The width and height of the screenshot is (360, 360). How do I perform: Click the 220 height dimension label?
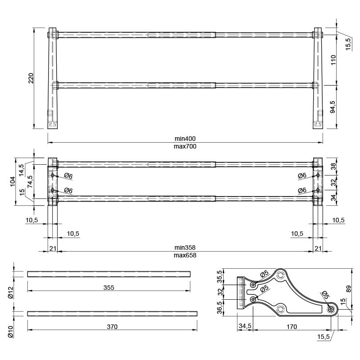[31, 78]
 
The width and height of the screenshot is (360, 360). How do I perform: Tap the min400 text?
[185, 139]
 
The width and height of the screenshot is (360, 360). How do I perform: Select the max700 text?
[185, 146]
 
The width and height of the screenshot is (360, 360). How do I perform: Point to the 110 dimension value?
[333, 60]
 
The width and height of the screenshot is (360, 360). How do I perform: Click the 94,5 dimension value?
[333, 107]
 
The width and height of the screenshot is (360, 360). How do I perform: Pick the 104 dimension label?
[13, 181]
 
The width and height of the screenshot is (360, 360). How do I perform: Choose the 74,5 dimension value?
[30, 182]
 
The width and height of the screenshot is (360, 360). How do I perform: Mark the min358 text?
[185, 247]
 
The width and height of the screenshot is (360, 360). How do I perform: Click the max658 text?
[185, 255]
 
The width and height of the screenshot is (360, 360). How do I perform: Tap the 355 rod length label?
[109, 288]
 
